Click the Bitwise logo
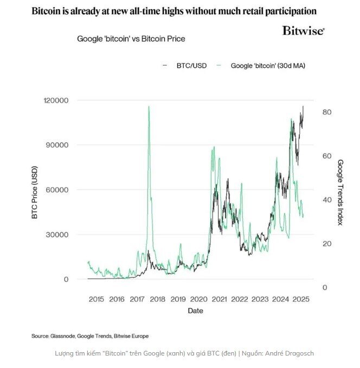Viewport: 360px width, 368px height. point(303,31)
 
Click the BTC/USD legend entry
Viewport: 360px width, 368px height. point(188,66)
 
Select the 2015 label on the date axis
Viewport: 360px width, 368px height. point(96,299)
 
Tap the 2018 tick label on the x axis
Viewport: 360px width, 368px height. point(157,299)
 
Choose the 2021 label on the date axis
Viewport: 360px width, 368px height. point(219,299)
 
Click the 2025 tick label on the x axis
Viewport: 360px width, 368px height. point(300,299)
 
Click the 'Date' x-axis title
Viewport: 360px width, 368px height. point(196,311)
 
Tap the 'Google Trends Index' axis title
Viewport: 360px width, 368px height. point(340,193)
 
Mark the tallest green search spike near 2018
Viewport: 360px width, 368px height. point(149,107)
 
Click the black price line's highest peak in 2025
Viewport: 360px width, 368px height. point(303,106)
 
